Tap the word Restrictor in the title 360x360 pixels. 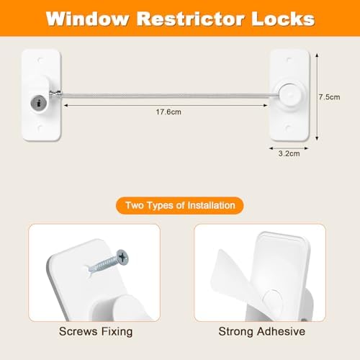click(184, 17)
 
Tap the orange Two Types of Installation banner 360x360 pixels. click(180, 206)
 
